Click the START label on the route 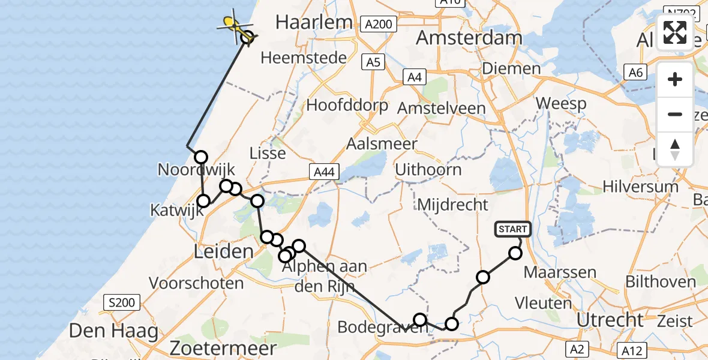pos(513,229)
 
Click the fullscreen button pos(675,32)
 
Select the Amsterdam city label pos(469,38)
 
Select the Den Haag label pos(113,330)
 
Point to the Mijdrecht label pos(452,205)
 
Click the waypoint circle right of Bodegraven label pos(420,320)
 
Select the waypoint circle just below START pos(515,253)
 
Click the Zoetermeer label pos(223,348)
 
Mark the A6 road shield pos(635,72)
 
